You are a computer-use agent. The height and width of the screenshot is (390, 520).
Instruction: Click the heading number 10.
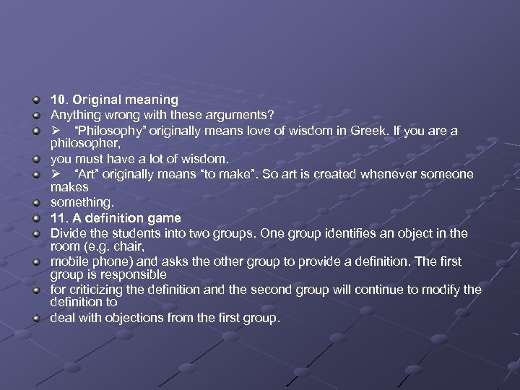coord(58,100)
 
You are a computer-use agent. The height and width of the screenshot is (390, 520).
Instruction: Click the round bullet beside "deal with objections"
coord(37,318)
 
